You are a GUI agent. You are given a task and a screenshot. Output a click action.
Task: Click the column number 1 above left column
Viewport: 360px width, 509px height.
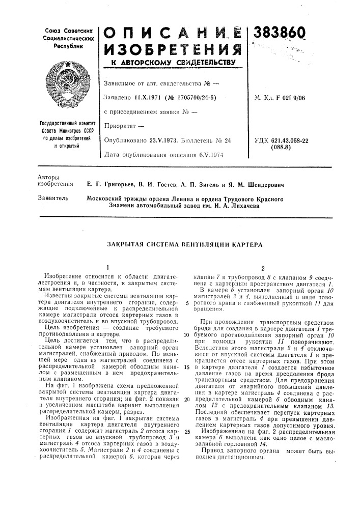107,266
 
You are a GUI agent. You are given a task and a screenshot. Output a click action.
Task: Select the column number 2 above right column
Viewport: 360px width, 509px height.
262,266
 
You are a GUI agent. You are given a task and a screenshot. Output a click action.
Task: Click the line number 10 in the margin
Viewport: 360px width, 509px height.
187,335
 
